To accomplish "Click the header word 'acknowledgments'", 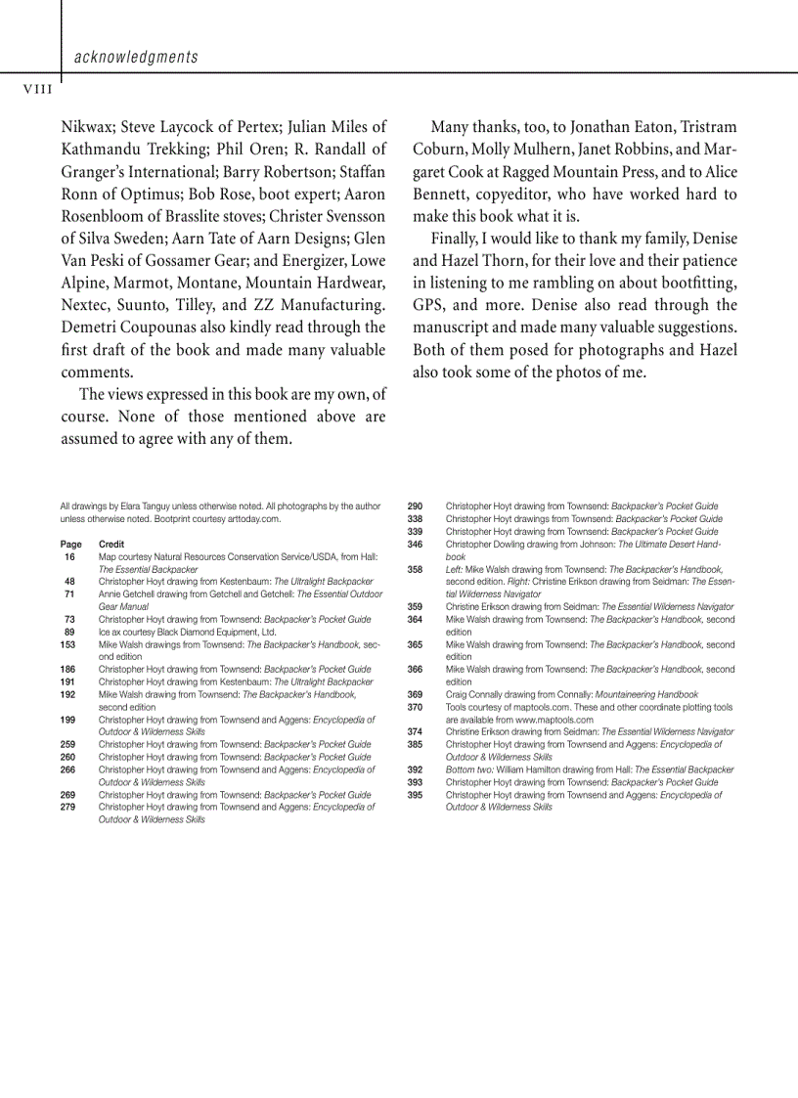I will click(136, 58).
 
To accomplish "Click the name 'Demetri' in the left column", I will click(94, 327).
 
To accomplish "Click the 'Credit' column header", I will click(111, 544).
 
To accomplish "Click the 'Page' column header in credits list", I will click(70, 544).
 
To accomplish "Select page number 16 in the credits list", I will click(69, 556).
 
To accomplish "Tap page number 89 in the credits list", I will click(69, 632).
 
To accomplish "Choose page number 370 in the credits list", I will click(415, 707).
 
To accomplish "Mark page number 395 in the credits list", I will click(415, 795).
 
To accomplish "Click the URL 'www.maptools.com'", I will click(554, 720).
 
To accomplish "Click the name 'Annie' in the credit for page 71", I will click(111, 593).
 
